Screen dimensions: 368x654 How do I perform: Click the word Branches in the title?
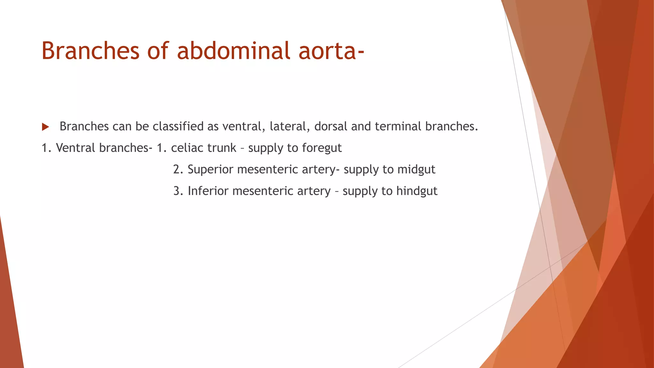tap(90, 51)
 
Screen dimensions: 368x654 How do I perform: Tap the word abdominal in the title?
tap(233, 51)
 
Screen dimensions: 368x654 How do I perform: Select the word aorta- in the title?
tap(331, 51)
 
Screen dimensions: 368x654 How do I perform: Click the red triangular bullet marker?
tap(45, 127)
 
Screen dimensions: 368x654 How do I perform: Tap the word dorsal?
tap(331, 126)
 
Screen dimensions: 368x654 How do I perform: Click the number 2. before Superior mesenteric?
tap(178, 170)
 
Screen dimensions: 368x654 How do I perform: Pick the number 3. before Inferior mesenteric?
tap(178, 191)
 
